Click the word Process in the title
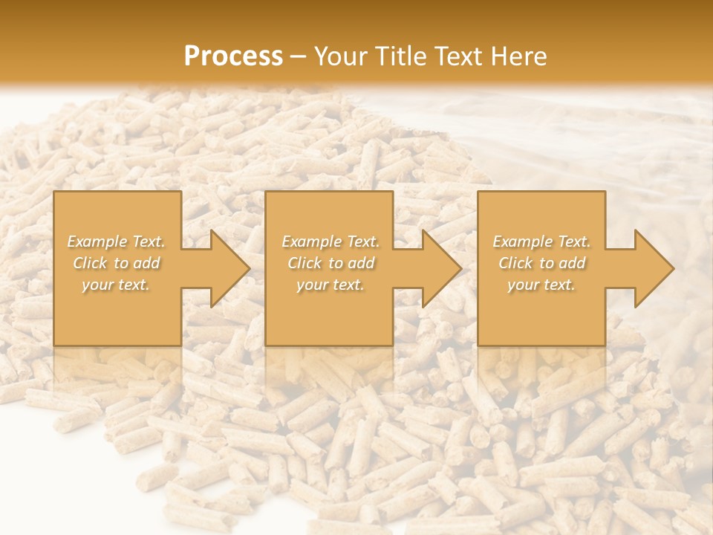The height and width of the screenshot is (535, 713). [233, 56]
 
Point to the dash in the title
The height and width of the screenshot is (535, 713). [299, 57]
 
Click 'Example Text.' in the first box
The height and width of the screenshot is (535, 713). [117, 241]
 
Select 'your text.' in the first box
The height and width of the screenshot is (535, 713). [117, 285]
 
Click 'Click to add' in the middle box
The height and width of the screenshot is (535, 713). [331, 263]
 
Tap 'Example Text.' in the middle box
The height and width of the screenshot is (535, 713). [331, 241]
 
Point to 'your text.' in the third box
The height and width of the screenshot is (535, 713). [541, 285]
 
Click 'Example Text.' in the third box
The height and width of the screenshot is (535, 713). [541, 241]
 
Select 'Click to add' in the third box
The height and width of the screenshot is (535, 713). [541, 263]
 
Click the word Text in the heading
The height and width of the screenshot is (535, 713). [460, 56]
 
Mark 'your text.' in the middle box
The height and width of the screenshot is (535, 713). [331, 285]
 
